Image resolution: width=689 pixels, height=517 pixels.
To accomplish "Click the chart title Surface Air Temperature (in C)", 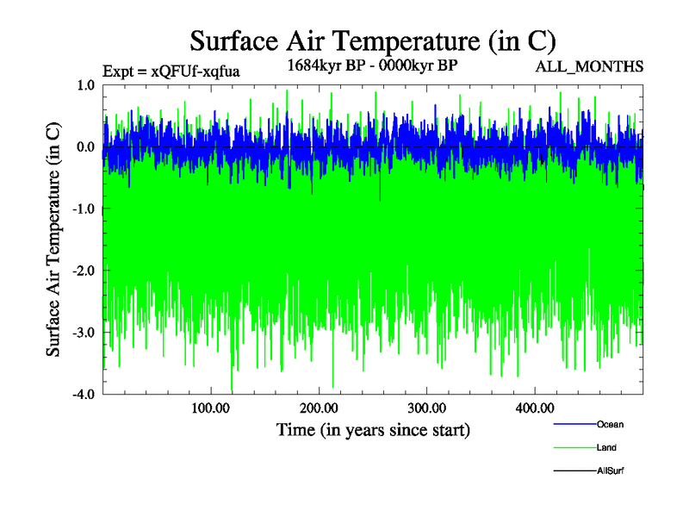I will (x=373, y=40).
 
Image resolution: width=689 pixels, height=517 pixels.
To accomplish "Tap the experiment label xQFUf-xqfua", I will (x=171, y=71).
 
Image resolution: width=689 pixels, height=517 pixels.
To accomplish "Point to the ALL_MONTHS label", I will (x=589, y=66).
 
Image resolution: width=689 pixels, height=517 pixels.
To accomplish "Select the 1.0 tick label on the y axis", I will (x=85, y=84).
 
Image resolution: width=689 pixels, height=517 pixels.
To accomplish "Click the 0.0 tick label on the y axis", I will (x=85, y=146).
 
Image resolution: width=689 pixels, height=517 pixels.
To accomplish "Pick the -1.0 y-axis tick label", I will (x=84, y=209).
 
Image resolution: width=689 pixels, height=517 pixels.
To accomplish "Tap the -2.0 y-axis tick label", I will (x=84, y=271).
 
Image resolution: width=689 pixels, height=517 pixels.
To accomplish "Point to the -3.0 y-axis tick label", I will (x=84, y=333).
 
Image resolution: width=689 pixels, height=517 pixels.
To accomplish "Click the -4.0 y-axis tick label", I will (x=84, y=394).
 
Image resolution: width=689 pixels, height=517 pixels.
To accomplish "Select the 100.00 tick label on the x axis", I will (x=210, y=408).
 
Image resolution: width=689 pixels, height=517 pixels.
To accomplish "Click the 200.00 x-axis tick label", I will (x=319, y=408).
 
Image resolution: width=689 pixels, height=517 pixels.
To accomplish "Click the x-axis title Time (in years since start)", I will (x=373, y=429).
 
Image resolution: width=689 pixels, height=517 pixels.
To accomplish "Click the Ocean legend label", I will (x=610, y=425).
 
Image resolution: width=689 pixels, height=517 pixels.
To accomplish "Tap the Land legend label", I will (x=606, y=448).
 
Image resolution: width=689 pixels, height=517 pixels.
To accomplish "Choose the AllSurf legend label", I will (x=610, y=471).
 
